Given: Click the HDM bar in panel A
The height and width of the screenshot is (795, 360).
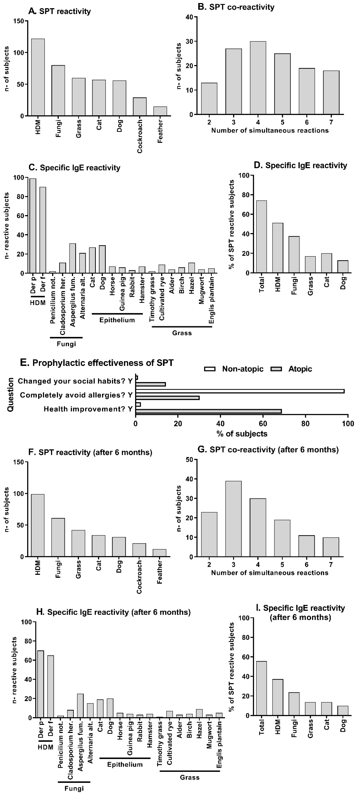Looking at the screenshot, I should pos(38,77).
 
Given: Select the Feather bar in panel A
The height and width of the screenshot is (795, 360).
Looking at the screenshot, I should pos(160,111).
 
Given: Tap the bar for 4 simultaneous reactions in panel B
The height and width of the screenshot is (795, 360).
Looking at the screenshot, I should pos(258,78).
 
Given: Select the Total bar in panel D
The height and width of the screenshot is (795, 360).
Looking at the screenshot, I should pos(261,237).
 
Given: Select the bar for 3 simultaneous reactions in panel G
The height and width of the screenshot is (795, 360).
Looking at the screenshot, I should pos(233,518).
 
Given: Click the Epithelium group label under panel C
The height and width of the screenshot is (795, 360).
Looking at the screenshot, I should pos(117,320).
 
